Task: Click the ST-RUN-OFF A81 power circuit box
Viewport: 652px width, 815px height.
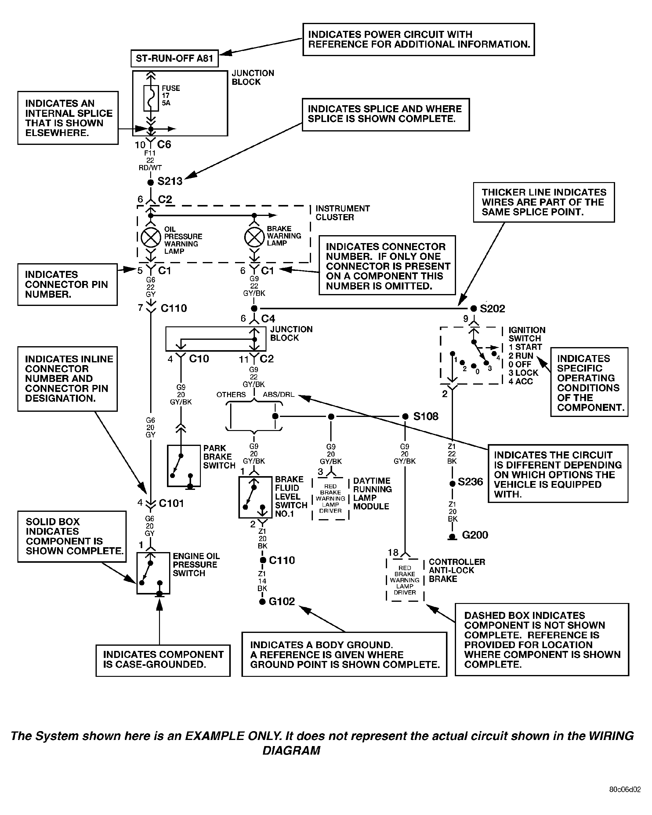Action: pyautogui.click(x=174, y=59)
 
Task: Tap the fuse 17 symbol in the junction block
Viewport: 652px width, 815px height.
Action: pyautogui.click(x=151, y=98)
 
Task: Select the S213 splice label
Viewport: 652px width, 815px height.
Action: pyautogui.click(x=170, y=181)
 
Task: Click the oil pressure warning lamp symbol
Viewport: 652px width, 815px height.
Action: pyautogui.click(x=150, y=238)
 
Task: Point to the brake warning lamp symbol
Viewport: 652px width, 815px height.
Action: pyautogui.click(x=254, y=237)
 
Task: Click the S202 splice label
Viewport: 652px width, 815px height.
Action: pyautogui.click(x=492, y=309)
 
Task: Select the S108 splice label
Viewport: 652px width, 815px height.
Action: pyautogui.click(x=426, y=417)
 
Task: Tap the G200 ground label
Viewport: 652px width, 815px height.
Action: pyautogui.click(x=475, y=535)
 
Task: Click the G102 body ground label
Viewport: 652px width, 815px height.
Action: pyautogui.click(x=282, y=601)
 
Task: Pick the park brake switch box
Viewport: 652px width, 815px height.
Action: pyautogui.click(x=184, y=466)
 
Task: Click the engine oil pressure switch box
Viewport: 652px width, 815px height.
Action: pyautogui.click(x=153, y=573)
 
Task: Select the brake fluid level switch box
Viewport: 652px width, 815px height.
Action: pyautogui.click(x=255, y=497)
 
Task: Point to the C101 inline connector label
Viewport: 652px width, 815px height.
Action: pyautogui.click(x=171, y=504)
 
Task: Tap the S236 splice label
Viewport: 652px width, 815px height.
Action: pyautogui.click(x=470, y=482)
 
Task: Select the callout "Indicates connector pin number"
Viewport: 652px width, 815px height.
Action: pyautogui.click(x=67, y=284)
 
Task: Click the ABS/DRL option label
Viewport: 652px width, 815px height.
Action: pyautogui.click(x=279, y=395)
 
